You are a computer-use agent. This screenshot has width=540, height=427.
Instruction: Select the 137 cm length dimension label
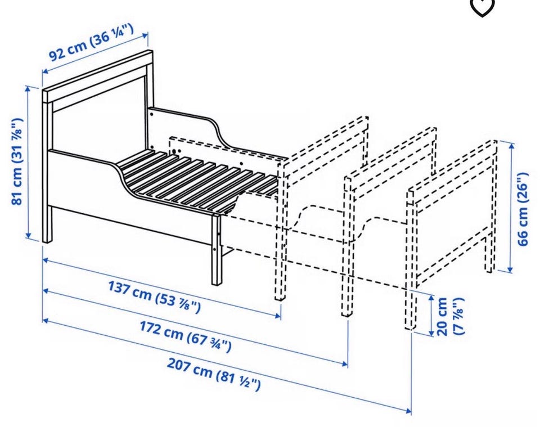pos(154,296)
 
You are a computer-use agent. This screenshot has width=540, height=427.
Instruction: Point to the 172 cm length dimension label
pos(185,336)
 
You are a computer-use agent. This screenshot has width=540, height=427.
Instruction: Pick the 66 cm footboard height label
pos(523,209)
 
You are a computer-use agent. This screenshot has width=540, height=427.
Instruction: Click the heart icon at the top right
pos(482,7)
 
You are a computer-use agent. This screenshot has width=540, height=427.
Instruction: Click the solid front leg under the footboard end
pos(217,249)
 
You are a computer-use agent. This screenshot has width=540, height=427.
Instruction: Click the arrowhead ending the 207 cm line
pos(408,411)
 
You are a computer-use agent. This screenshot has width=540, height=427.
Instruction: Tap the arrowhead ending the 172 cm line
pos(344,363)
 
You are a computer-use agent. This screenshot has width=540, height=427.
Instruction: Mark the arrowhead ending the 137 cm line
pos(277,316)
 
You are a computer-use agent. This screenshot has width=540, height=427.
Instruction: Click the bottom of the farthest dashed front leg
pos(409,328)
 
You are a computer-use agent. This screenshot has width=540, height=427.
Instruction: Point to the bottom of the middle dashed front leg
pos(347,313)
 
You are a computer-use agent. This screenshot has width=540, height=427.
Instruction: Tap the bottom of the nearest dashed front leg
pos(280,298)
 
